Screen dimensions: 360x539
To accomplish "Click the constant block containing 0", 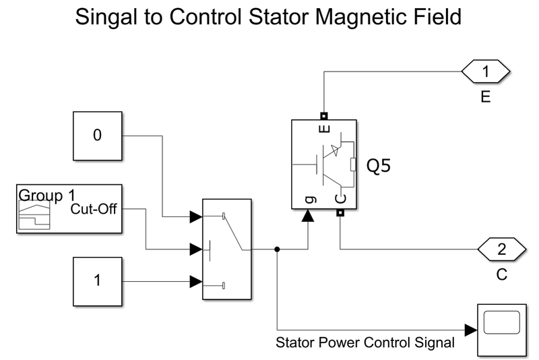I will pos(97,136).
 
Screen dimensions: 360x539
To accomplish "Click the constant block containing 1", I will pos(97,280).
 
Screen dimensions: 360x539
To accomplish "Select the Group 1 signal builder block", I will pos(69,209).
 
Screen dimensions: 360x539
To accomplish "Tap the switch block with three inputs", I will pos(227,249).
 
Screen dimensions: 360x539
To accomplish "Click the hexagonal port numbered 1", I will pos(487,70).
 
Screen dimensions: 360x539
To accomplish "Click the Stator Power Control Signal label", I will pos(365,342).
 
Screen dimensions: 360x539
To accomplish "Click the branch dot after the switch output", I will pos(278,249).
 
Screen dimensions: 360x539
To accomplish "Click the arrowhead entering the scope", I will pos(471,330).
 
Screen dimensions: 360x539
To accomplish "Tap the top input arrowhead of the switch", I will pos(196,217).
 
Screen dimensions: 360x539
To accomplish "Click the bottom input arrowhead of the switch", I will pos(196,280).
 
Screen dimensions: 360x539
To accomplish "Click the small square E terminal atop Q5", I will pos(323,115).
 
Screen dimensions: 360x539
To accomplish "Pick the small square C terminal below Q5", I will pos(340,214).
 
